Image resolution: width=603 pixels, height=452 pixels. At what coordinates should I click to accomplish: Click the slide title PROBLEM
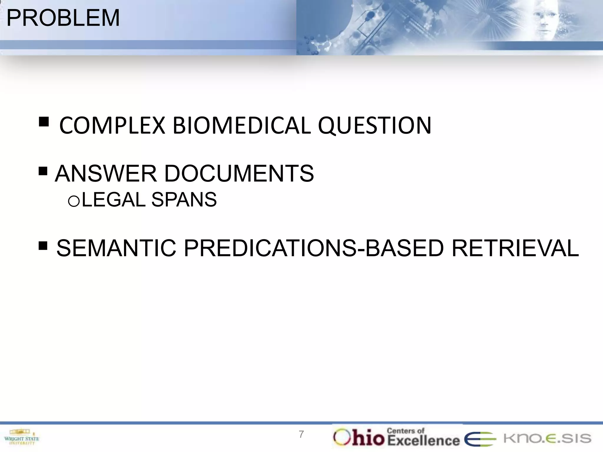click(x=63, y=18)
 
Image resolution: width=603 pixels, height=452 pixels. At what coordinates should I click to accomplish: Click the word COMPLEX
click(x=112, y=126)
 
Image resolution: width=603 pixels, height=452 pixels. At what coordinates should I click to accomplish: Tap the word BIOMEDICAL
click(x=241, y=126)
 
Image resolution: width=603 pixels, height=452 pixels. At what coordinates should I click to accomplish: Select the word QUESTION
click(x=375, y=126)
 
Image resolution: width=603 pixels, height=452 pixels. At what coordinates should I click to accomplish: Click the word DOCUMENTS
click(x=239, y=174)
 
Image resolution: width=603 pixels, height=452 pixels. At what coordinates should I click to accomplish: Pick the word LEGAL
click(x=114, y=200)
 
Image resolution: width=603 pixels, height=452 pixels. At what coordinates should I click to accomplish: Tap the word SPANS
click(x=184, y=200)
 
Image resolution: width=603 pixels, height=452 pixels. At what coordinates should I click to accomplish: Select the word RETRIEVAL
click(x=515, y=248)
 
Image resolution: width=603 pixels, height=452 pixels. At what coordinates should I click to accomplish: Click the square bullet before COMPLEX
click(x=44, y=122)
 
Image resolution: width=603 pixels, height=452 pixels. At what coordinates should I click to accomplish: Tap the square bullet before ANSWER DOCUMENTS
click(x=43, y=171)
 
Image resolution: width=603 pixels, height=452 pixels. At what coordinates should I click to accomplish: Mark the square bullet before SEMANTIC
click(x=43, y=245)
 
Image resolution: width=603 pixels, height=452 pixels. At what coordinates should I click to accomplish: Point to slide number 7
click(x=301, y=434)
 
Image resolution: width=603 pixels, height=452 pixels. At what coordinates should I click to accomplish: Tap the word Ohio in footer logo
click(x=359, y=438)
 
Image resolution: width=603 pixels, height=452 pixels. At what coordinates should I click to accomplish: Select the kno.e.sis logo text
click(x=547, y=438)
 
